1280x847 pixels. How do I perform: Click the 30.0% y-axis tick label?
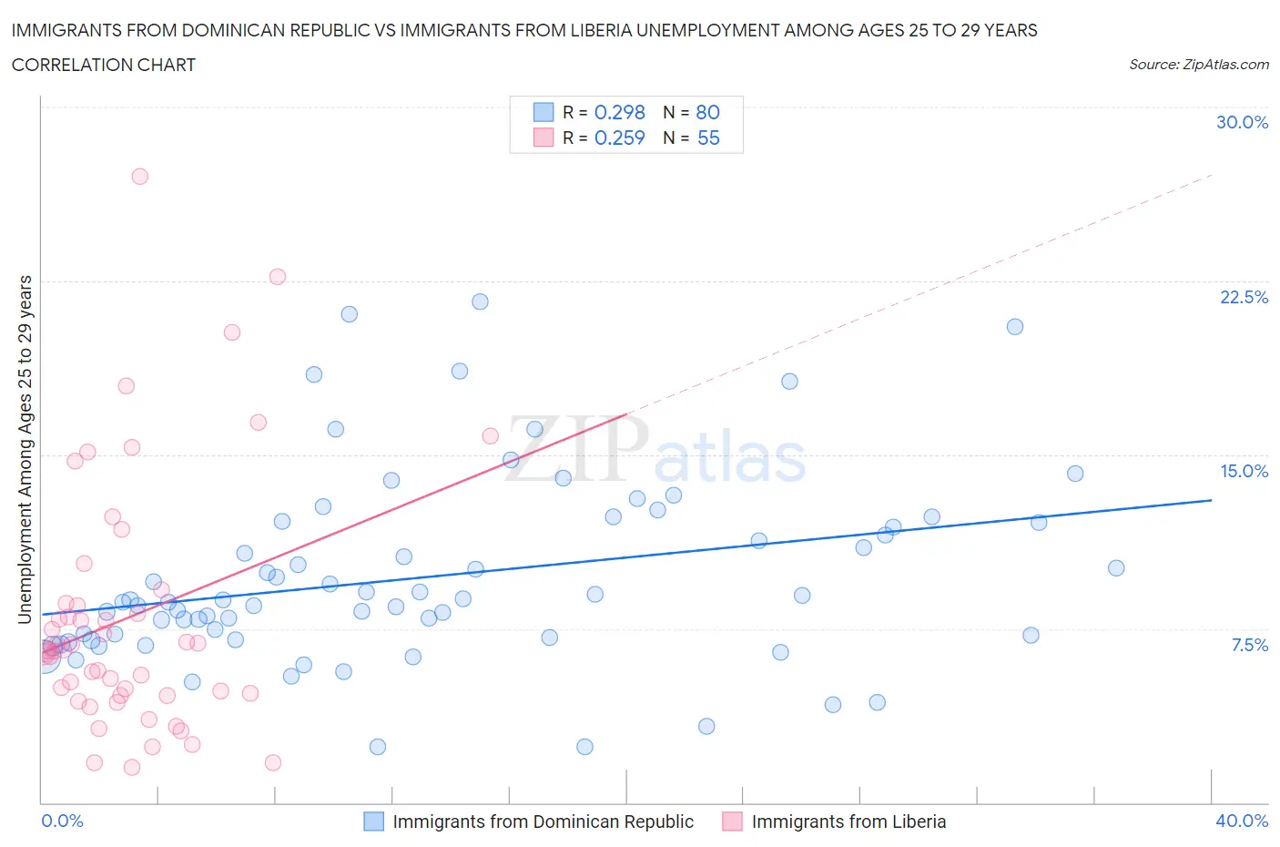tap(1242, 122)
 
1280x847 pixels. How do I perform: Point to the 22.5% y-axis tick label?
tap(1244, 297)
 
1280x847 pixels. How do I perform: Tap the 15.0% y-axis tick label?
tap(1244, 471)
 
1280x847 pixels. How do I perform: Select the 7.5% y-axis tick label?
tap(1249, 645)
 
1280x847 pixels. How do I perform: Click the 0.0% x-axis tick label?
tap(62, 821)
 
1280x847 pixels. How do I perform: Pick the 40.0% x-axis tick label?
tap(1242, 821)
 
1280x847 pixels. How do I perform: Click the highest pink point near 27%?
tap(139, 177)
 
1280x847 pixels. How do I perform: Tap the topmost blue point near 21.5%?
tap(480, 301)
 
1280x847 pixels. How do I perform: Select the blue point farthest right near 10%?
tap(1116, 568)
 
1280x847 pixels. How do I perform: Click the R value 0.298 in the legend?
tap(619, 112)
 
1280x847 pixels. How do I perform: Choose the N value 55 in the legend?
tap(708, 138)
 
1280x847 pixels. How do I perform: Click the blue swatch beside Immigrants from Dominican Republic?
tap(373, 821)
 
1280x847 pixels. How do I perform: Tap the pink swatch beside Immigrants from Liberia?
tap(732, 821)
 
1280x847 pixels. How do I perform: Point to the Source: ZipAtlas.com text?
tap(1198, 65)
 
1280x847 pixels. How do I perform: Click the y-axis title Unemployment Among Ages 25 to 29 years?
tap(25, 449)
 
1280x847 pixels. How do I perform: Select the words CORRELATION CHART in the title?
tap(104, 65)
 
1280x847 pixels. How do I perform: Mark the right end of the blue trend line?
tap(1212, 500)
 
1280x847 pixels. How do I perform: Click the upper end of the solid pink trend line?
tap(627, 414)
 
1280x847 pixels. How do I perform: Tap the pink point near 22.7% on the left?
tap(278, 277)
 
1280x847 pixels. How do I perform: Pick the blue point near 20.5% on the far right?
tap(1015, 327)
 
